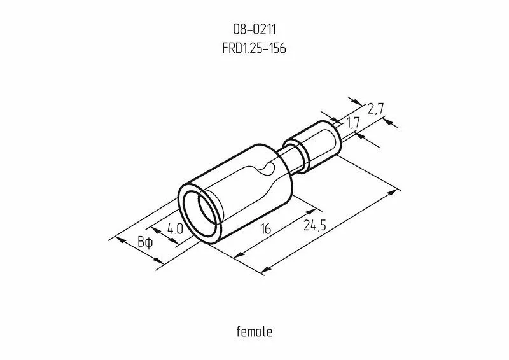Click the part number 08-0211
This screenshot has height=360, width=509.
254,29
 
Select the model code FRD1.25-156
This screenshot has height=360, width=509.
254,48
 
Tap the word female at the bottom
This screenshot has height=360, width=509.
254,332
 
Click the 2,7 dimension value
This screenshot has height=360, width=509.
375,109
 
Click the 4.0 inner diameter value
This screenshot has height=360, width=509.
175,229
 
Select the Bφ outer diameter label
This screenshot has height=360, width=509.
145,242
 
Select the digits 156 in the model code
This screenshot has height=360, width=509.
274,48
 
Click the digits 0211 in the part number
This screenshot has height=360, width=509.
261,29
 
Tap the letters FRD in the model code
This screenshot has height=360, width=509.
232,48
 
